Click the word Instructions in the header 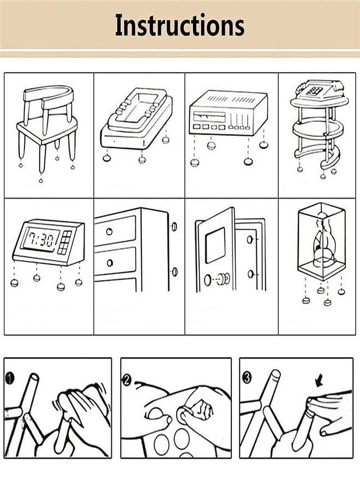click(x=179, y=26)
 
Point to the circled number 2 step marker click(x=127, y=380)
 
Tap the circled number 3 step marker click(x=247, y=378)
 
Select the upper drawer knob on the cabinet click(x=109, y=231)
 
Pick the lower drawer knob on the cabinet click(x=110, y=262)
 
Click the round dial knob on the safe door click(x=208, y=280)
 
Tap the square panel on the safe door click(x=215, y=244)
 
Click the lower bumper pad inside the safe click(x=250, y=274)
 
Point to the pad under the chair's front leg click(x=41, y=180)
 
